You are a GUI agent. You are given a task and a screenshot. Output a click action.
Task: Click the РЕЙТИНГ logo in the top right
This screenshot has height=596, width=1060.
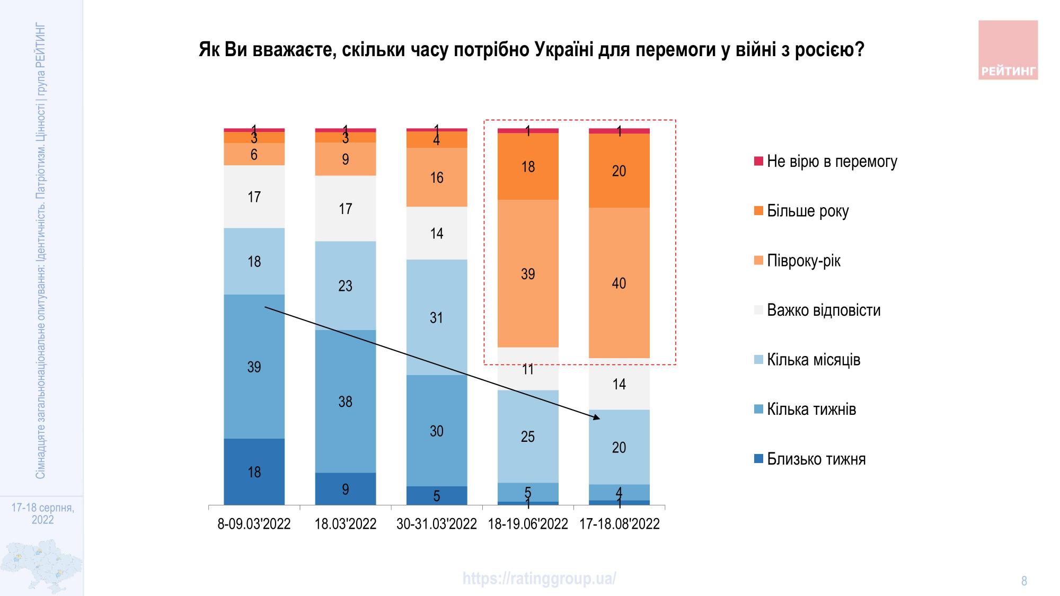(x=1008, y=50)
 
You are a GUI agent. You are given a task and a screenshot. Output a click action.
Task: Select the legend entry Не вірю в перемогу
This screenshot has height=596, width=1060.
(x=831, y=162)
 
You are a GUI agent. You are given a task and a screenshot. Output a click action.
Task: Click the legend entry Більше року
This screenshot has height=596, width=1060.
(x=807, y=211)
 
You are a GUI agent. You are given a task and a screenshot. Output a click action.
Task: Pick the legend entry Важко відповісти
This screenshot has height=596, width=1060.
(x=823, y=310)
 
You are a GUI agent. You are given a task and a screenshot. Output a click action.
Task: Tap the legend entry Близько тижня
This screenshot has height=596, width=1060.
(x=816, y=459)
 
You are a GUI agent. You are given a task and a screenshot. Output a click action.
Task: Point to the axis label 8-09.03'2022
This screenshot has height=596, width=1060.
(x=254, y=524)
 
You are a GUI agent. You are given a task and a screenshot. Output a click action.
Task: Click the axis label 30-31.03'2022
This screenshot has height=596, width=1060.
(x=436, y=524)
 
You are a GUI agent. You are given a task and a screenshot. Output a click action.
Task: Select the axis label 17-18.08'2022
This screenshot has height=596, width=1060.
(x=619, y=524)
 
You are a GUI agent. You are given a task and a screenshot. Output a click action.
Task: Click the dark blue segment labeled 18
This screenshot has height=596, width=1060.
(x=254, y=472)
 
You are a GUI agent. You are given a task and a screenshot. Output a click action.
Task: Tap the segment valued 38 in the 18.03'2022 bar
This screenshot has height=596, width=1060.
(x=345, y=401)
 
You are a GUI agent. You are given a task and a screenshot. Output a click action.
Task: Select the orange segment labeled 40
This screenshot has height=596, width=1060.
(x=619, y=283)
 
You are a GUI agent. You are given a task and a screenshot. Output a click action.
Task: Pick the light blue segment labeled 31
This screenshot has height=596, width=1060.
(x=436, y=317)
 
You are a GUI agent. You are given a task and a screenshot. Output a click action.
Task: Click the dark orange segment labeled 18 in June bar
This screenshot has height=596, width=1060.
(x=528, y=166)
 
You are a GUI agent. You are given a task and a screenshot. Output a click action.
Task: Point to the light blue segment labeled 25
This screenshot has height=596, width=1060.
(x=528, y=436)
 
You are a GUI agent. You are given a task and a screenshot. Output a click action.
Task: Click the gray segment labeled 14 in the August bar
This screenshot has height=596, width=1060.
(x=619, y=384)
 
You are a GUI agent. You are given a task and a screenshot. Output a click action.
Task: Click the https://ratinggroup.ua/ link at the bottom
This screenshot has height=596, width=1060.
(x=539, y=578)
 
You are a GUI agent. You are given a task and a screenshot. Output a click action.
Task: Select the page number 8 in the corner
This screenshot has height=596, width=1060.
(x=1024, y=581)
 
